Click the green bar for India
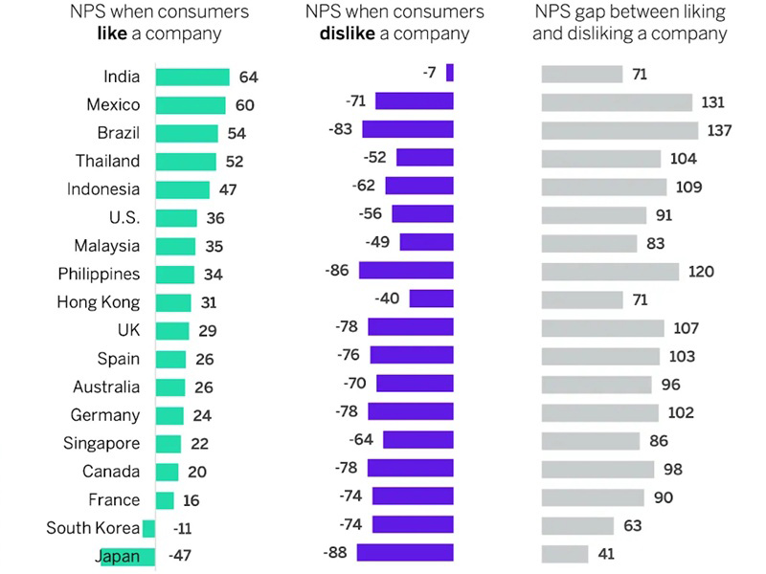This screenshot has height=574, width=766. tap(191, 77)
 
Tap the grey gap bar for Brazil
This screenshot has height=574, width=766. tap(620, 130)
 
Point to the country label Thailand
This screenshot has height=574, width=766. tap(108, 161)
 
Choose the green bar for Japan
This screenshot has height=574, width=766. tap(127, 556)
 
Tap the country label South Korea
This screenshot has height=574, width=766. tap(93, 528)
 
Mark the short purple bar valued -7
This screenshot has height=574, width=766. tap(450, 73)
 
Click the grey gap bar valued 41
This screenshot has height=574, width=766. tap(565, 554)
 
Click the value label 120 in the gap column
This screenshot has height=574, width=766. tap(701, 272)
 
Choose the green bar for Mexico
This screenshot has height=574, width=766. tap(190, 104)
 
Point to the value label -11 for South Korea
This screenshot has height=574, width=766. tap(182, 528)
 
